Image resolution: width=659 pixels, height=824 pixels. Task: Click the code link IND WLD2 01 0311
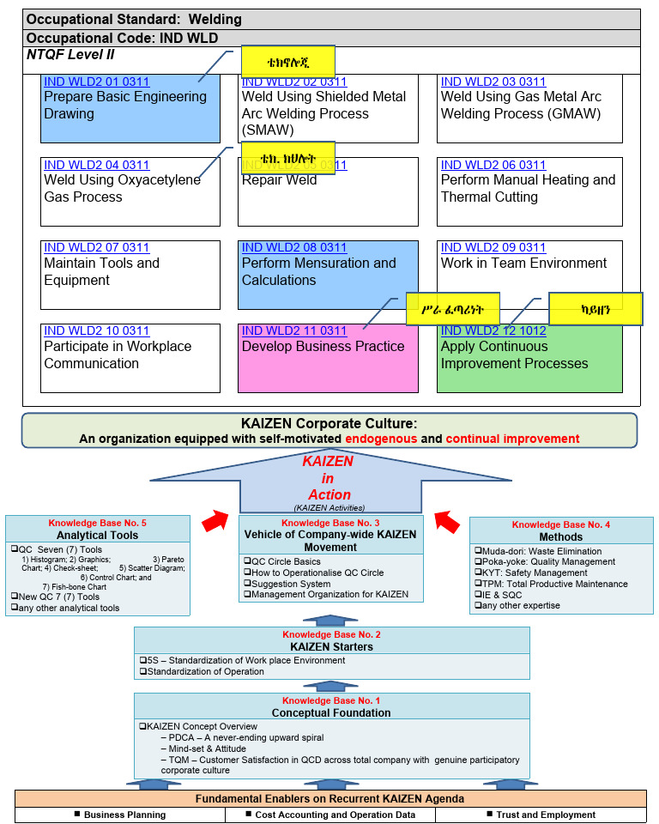pyautogui.click(x=96, y=82)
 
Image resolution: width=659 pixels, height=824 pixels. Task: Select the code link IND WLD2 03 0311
pyautogui.click(x=493, y=82)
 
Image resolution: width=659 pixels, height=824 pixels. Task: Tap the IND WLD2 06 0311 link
pyautogui.click(x=493, y=166)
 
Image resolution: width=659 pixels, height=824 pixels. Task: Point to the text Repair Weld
pyautogui.click(x=279, y=180)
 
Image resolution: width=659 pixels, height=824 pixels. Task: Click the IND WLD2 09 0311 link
pyautogui.click(x=493, y=248)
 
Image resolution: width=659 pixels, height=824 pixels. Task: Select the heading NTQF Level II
pyautogui.click(x=70, y=55)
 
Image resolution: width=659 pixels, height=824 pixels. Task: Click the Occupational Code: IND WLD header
pyautogui.click(x=122, y=38)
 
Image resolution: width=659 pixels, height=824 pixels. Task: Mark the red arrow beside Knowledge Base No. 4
pyautogui.click(x=446, y=520)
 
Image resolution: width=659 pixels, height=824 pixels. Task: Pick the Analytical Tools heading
pyautogui.click(x=97, y=536)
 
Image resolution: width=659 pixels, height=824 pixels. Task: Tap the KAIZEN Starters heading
pyautogui.click(x=331, y=646)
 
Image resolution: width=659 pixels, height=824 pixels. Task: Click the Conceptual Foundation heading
pyautogui.click(x=331, y=712)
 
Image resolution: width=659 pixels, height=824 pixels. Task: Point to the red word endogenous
pyautogui.click(x=381, y=439)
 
